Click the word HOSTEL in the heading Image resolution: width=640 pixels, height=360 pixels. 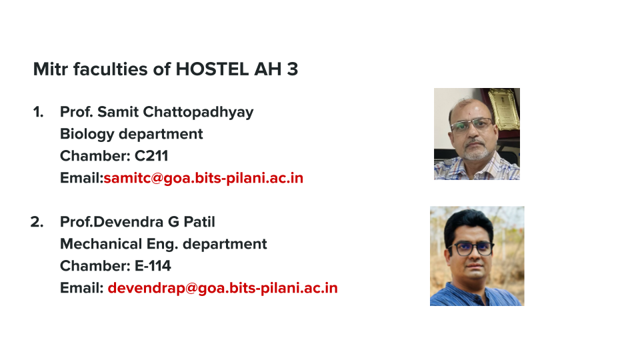click(212, 69)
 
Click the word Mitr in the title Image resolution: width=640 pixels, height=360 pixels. click(50, 69)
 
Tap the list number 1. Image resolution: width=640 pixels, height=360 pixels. click(38, 112)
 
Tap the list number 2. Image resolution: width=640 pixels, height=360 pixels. click(37, 221)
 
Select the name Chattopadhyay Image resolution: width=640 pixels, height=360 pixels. click(199, 112)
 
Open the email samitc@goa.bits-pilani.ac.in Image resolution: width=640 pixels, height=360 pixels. click(203, 178)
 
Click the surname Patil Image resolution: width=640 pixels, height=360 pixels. click(199, 221)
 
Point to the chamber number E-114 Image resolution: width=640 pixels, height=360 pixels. click(153, 266)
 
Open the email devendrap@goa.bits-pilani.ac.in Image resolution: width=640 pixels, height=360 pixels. click(223, 288)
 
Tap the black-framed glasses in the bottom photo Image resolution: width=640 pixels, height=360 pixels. click(471, 248)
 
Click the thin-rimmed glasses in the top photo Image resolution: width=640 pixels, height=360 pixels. click(472, 125)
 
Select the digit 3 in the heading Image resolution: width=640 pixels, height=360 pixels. click(292, 69)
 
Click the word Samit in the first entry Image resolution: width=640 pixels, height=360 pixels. click(118, 112)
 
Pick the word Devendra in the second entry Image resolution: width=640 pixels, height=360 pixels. click(129, 221)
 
